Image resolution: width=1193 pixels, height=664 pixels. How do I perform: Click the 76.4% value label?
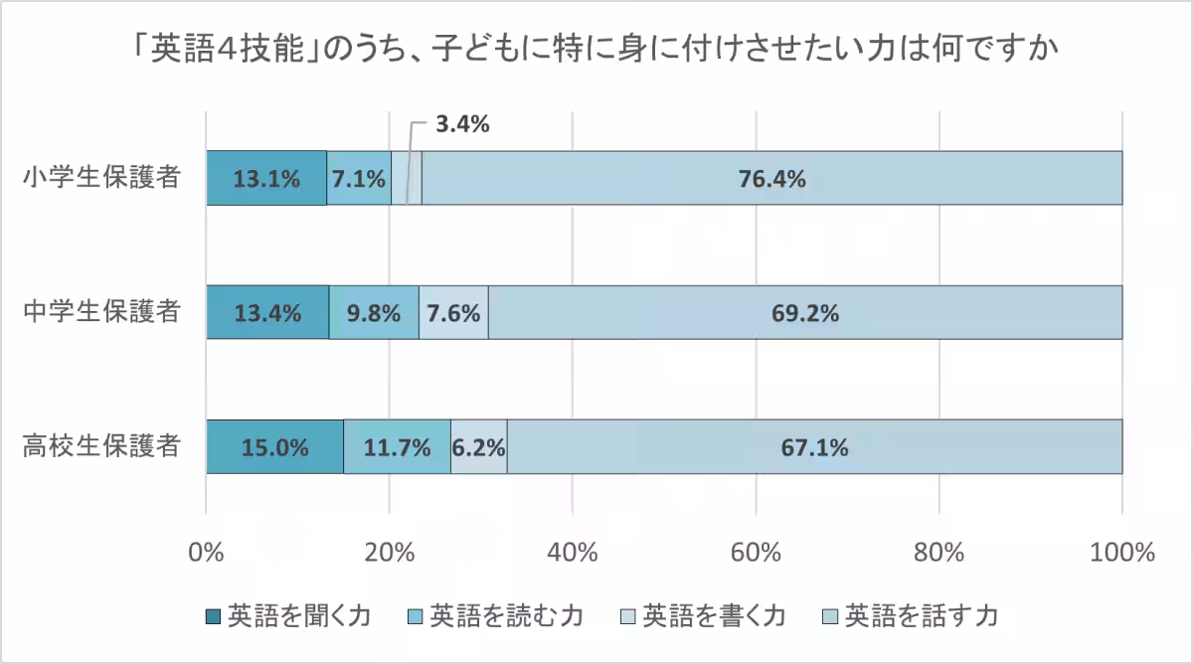[x=771, y=179]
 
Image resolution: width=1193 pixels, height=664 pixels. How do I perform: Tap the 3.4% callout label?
[x=463, y=125]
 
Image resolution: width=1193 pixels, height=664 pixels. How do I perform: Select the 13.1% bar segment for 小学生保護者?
[x=266, y=179]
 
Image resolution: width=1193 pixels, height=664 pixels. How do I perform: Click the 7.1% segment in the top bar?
[x=359, y=179]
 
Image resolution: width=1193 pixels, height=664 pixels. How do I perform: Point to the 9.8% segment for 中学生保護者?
[x=374, y=312]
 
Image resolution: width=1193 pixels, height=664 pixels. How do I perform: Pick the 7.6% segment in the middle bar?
[x=453, y=312]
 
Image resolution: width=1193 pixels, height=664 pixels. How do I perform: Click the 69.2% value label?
[x=805, y=312]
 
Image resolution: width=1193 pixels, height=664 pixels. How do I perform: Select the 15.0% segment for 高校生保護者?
[x=274, y=446]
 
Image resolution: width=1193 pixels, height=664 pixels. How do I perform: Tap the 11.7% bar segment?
[x=397, y=446]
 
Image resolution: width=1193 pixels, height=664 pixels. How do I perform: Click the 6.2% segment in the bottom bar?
[x=479, y=446]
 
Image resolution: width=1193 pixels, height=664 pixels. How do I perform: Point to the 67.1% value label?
[x=814, y=446]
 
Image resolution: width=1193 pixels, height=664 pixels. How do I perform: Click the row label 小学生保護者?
[x=101, y=179]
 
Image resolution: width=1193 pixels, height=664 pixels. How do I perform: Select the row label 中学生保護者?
[x=101, y=312]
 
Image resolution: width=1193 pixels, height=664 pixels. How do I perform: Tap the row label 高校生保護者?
[x=101, y=446]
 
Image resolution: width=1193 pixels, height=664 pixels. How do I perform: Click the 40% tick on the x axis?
[x=573, y=552]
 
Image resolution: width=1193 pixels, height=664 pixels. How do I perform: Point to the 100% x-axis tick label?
[x=1121, y=552]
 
